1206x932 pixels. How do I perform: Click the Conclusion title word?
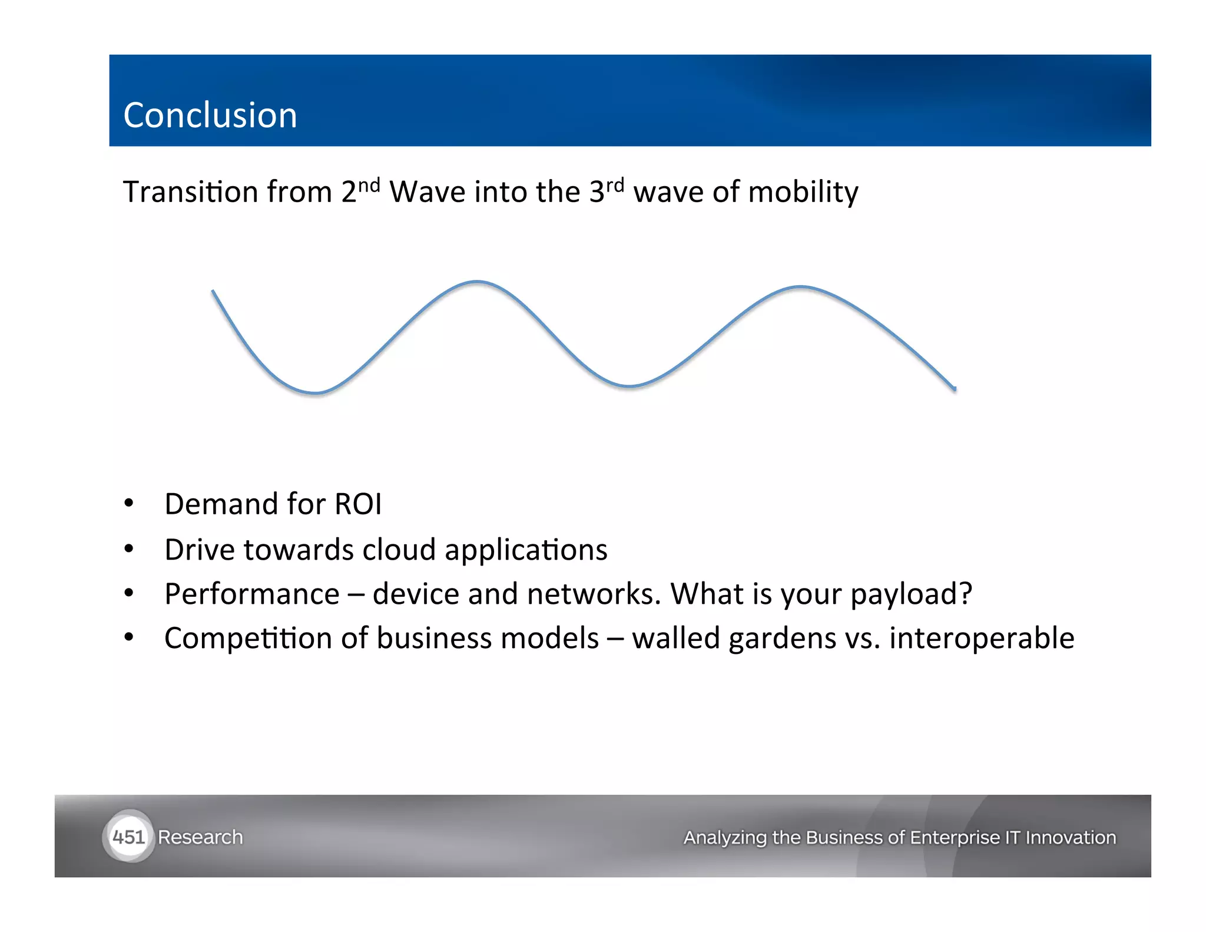210,115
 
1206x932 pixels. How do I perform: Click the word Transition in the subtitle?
191,192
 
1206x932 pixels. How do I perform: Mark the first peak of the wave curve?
477,282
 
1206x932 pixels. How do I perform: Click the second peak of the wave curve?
801,287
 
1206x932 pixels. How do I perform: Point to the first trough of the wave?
316,392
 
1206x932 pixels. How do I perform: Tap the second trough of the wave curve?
629,386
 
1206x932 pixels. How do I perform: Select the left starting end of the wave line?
213,291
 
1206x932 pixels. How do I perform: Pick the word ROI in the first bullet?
358,504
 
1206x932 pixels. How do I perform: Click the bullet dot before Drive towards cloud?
129,549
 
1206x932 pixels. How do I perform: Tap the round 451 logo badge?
128,837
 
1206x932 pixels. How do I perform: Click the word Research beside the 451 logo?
200,837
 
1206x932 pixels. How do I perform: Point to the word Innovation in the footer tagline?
1070,837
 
